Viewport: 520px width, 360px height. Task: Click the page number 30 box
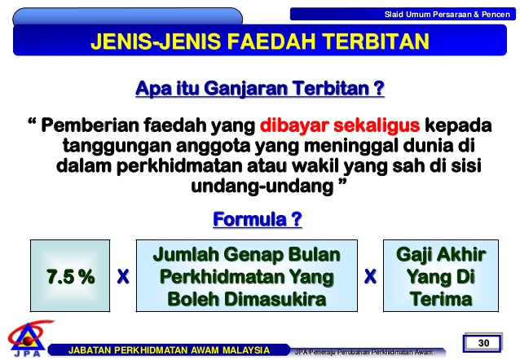coord(483,342)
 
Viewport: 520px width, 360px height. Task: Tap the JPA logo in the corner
coord(28,338)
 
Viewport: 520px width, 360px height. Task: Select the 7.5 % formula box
coord(70,276)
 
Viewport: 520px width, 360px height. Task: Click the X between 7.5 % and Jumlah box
coord(123,276)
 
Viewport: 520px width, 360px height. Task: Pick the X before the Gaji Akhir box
coord(370,276)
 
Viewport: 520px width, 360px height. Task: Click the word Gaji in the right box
coord(413,255)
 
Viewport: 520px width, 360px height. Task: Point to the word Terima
coord(441,299)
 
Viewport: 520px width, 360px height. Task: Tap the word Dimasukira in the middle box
coord(275,299)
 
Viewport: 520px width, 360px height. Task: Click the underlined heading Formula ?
coord(258,219)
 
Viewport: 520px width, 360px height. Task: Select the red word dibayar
coord(294,126)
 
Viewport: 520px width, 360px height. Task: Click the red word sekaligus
coord(377,126)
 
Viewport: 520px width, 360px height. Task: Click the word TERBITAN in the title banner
coord(376,42)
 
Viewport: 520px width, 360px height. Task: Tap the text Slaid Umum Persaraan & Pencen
coord(447,15)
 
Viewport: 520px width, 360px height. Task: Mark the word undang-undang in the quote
coord(262,187)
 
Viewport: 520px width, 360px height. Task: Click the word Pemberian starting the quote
coord(90,125)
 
